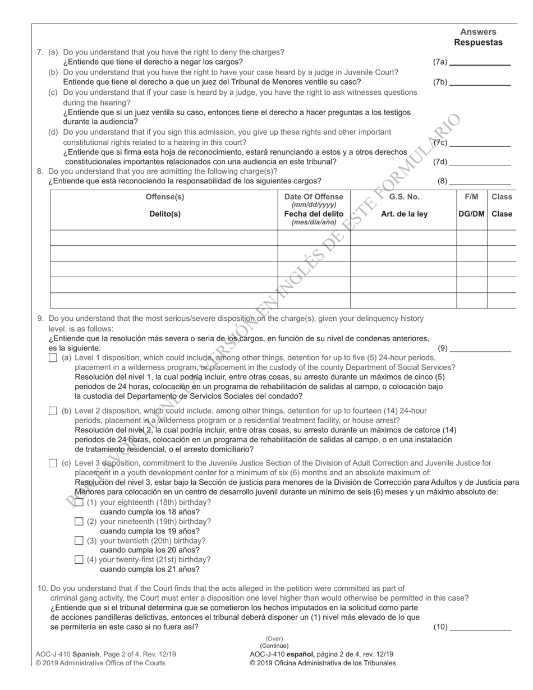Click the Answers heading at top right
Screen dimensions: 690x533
point(478,32)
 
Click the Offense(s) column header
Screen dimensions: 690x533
point(164,197)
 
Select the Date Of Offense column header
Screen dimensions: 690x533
point(314,197)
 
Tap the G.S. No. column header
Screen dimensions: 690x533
point(404,197)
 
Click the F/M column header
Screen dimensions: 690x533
point(471,197)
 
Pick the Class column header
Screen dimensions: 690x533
point(502,197)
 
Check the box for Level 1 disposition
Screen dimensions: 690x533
point(53,358)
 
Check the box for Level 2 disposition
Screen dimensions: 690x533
point(53,411)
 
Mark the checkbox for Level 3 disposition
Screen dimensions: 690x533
point(53,463)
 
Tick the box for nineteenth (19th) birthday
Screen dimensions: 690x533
point(79,522)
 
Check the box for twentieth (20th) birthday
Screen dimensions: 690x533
point(79,541)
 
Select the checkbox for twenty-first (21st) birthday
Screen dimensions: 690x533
point(79,559)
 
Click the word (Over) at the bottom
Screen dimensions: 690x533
point(274,638)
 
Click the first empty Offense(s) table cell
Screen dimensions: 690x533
point(164,238)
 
